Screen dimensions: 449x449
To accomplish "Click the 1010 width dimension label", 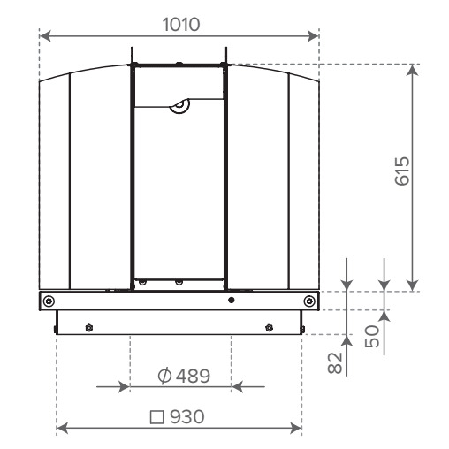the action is tap(181, 25).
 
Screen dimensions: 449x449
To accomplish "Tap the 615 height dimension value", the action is tap(402, 171).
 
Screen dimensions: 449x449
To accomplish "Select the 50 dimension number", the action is tap(372, 336).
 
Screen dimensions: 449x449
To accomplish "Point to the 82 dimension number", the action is tap(335, 363).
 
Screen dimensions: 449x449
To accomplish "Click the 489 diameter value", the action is tap(193, 376).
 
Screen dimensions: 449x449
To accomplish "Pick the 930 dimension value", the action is tap(187, 416).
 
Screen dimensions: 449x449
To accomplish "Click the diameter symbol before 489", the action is tap(164, 376).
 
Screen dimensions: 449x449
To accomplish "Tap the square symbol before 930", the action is tap(156, 417).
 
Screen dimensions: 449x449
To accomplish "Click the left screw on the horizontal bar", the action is tap(49, 301).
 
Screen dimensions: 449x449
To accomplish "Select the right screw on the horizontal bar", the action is tap(309, 301).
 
